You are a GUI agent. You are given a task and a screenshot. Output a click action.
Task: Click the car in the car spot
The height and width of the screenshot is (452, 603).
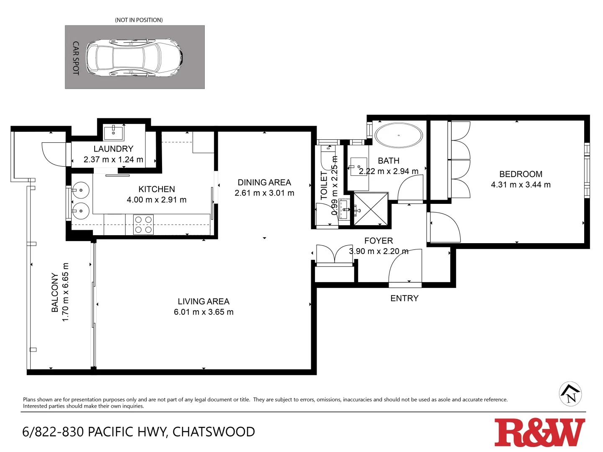pos(134,57)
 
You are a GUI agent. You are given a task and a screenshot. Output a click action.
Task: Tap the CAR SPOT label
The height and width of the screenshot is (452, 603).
pos(76,58)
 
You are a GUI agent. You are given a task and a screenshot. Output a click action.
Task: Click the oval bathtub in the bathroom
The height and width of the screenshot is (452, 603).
pos(398,135)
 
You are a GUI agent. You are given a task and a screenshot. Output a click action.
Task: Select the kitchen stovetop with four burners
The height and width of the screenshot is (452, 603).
pos(143,224)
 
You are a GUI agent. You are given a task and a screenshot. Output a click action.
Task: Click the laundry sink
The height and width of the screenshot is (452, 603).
pos(113,133)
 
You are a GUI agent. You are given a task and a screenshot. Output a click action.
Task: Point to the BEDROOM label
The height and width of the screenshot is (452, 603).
pos(521,174)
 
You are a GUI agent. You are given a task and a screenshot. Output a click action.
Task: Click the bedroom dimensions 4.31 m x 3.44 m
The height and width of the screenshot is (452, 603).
pos(521,185)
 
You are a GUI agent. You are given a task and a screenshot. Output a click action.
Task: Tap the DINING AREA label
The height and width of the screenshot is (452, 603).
pos(264,182)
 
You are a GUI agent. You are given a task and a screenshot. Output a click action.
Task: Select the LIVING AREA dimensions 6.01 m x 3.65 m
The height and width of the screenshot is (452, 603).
pos(204,312)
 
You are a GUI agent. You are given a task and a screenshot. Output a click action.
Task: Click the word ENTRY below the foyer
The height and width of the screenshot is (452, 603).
pos(404,298)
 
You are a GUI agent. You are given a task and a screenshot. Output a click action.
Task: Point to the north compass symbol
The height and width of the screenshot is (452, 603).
pos(570,394)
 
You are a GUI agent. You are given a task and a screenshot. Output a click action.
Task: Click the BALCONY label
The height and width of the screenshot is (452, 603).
pos(55,292)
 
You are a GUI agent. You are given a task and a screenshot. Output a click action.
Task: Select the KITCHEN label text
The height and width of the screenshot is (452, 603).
pos(157,189)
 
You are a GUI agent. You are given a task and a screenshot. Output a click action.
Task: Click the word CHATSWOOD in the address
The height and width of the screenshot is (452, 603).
pos(214,432)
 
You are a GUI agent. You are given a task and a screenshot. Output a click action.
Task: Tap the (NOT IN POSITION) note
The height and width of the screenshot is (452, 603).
pos(139,20)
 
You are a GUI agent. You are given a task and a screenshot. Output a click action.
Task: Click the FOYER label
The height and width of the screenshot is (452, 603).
pos(379,241)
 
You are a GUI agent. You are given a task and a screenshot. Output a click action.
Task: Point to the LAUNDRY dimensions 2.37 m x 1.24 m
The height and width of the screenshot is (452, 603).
pos(113,159)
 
